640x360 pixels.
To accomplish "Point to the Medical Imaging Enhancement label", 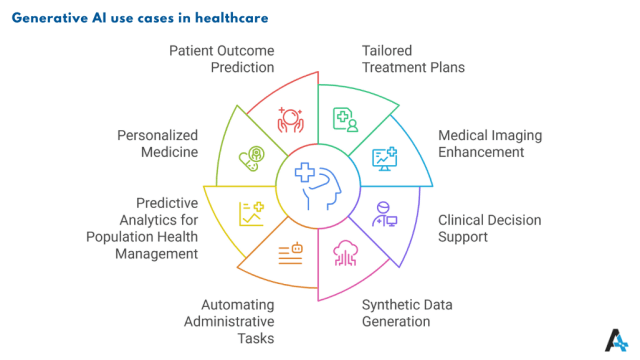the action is click(x=481, y=144).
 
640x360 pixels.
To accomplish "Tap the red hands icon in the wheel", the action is click(x=290, y=121).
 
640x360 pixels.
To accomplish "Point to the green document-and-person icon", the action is click(x=345, y=120).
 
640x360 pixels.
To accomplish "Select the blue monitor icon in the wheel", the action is click(x=384, y=157).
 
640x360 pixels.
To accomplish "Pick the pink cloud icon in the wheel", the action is click(x=346, y=252).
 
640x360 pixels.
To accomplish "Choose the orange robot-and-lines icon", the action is click(x=291, y=252).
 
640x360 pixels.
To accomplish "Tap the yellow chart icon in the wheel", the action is click(x=251, y=212).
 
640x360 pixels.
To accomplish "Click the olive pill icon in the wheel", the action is click(x=251, y=158).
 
